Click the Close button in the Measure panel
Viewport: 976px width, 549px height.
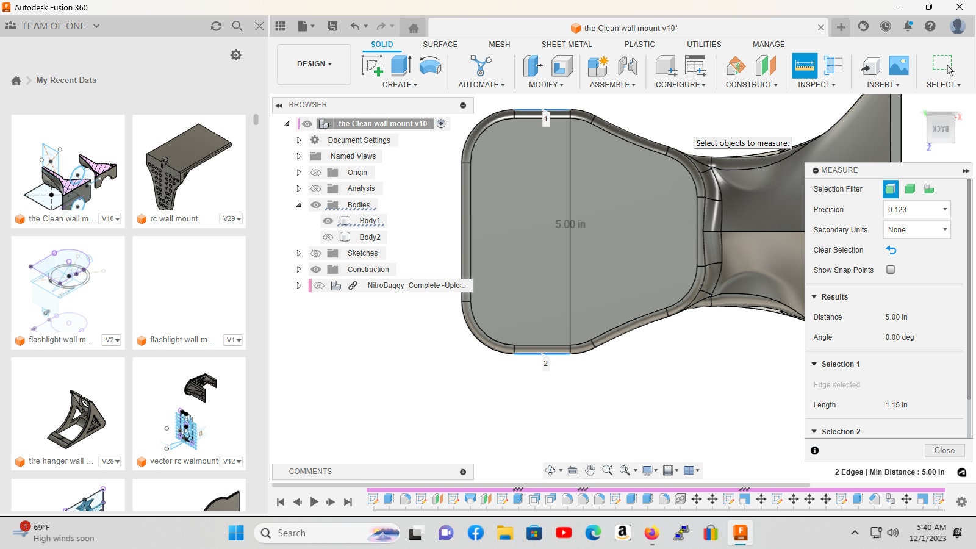coord(944,450)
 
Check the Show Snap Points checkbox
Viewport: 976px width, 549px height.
coord(891,270)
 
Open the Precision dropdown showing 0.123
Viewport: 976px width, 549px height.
coord(917,210)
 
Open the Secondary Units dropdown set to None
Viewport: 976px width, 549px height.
coord(917,229)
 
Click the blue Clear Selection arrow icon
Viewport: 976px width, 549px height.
coord(891,250)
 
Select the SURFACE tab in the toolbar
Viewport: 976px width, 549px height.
coord(440,45)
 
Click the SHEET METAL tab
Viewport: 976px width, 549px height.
coord(567,45)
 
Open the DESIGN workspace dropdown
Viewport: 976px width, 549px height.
coord(314,64)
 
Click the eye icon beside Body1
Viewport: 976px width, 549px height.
coord(328,221)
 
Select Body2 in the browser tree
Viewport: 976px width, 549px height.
coord(370,237)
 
